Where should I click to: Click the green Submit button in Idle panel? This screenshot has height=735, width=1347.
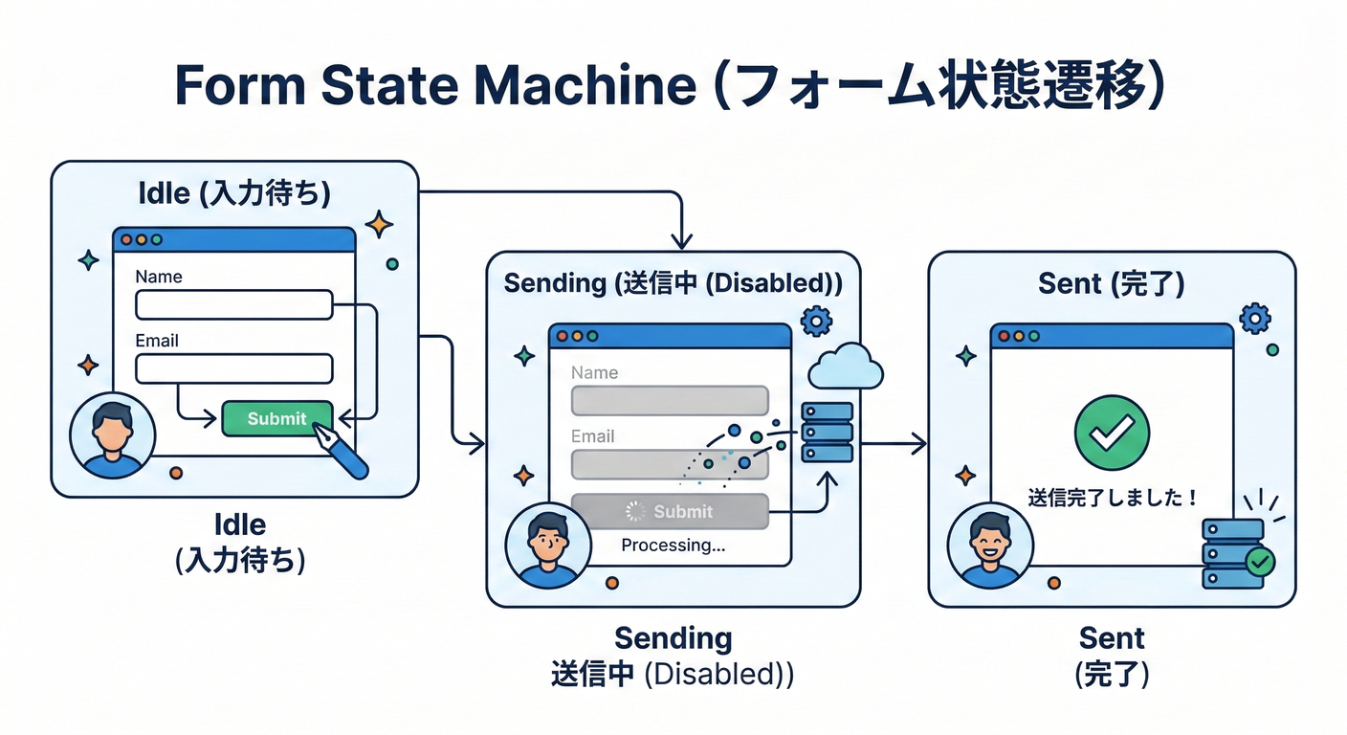pyautogui.click(x=276, y=418)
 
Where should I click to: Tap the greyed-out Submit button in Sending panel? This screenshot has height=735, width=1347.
pyautogui.click(x=670, y=511)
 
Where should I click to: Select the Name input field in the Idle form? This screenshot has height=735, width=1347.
pyautogui.click(x=233, y=305)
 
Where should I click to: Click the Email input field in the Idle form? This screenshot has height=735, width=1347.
pyautogui.click(x=233, y=368)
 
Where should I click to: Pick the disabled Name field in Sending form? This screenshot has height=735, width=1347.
pyautogui.click(x=670, y=400)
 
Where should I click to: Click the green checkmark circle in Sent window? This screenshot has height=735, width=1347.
pyautogui.click(x=1112, y=433)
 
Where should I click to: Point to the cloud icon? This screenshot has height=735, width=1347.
pyautogui.click(x=845, y=366)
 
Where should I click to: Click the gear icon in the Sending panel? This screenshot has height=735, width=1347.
pyautogui.click(x=815, y=320)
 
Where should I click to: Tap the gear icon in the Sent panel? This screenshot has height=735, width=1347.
pyautogui.click(x=1253, y=318)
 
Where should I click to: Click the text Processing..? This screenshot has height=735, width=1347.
pyautogui.click(x=673, y=546)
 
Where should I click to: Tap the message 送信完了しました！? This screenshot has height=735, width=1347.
pyautogui.click(x=1113, y=498)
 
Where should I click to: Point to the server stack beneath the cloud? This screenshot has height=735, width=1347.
pyautogui.click(x=827, y=432)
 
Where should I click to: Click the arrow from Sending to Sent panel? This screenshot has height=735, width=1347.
pyautogui.click(x=894, y=443)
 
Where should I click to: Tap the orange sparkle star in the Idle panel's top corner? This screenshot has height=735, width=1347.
pyautogui.click(x=379, y=225)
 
